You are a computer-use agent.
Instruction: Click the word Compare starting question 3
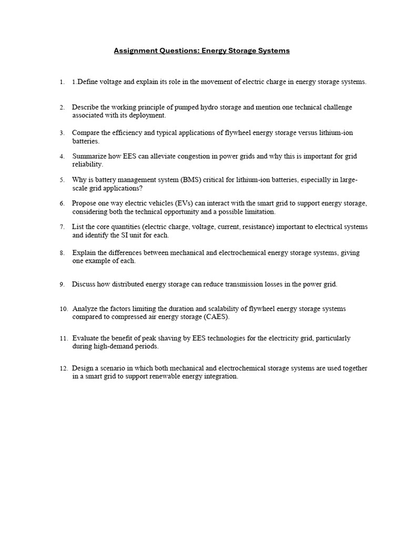[85, 133]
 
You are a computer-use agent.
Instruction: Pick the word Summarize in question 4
[88, 157]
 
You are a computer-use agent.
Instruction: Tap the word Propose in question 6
[84, 203]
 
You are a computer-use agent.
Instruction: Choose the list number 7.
[62, 227]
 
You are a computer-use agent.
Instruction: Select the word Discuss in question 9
[84, 284]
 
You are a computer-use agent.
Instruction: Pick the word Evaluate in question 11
[86, 338]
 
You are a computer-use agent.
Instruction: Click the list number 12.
[63, 368]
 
